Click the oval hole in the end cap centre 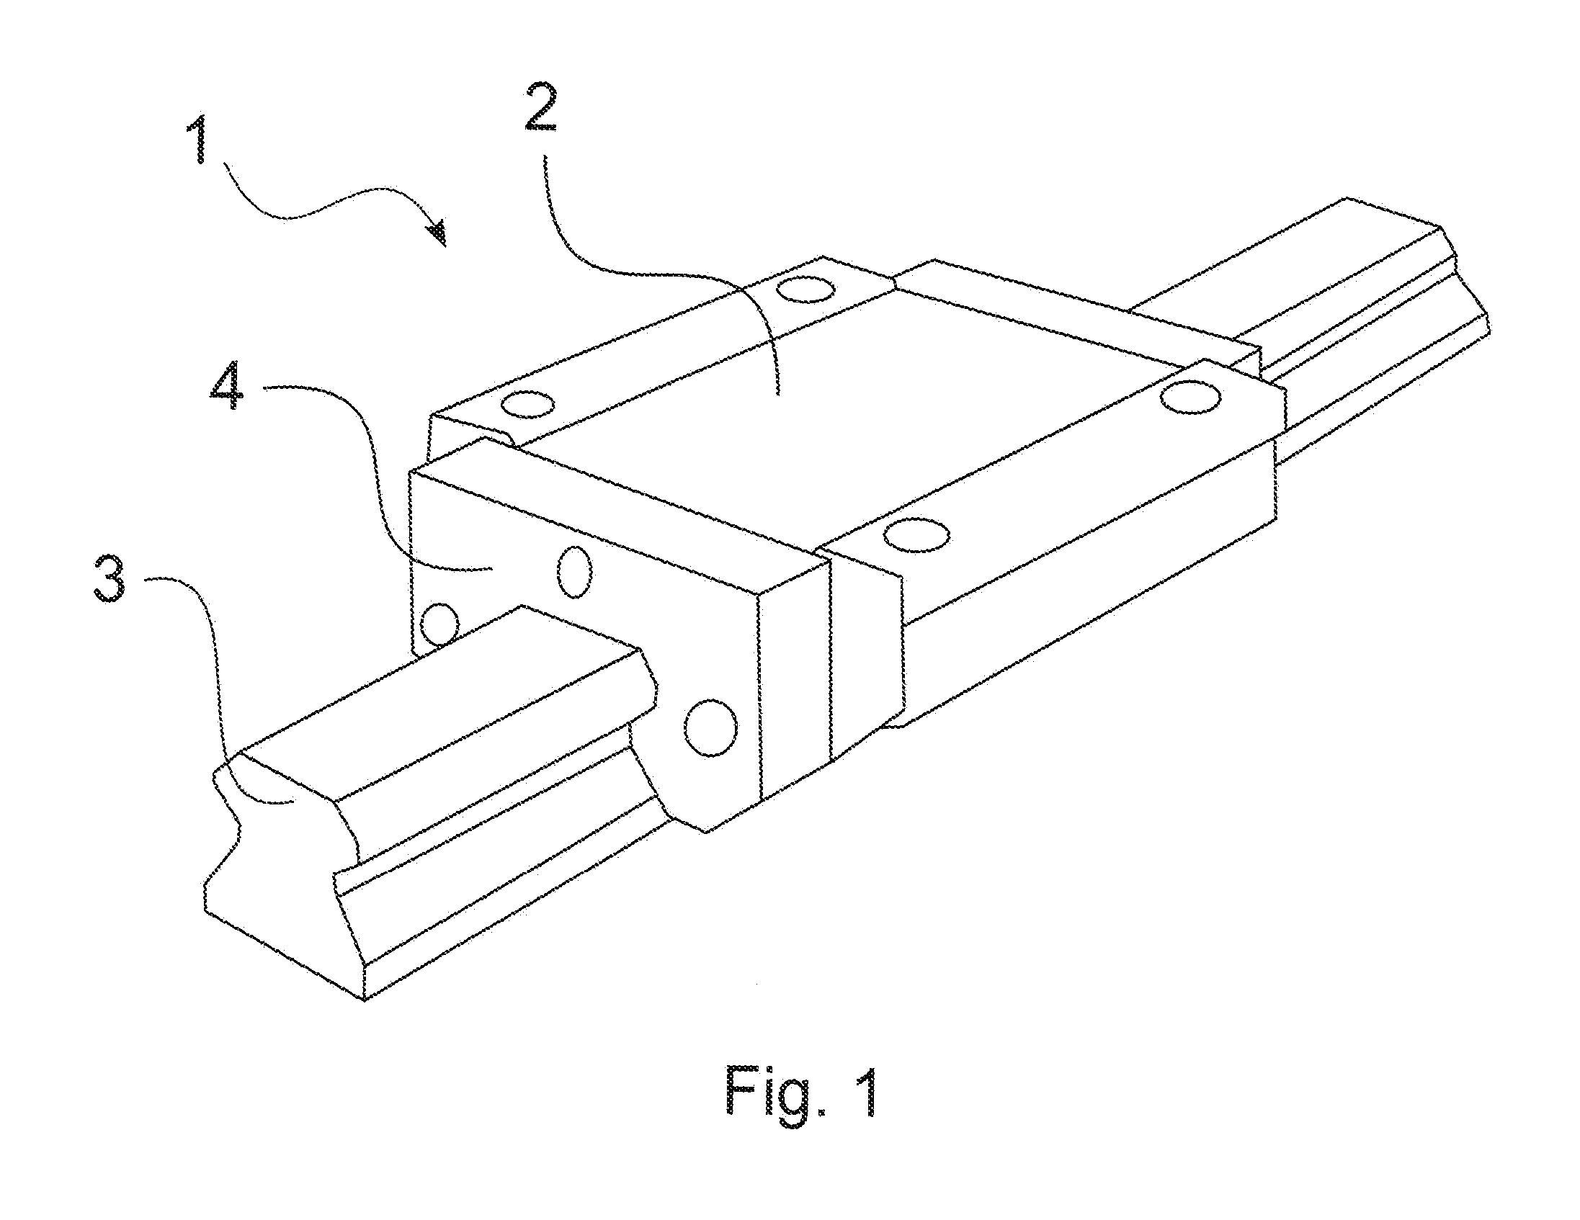click(575, 571)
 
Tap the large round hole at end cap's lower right click(710, 727)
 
